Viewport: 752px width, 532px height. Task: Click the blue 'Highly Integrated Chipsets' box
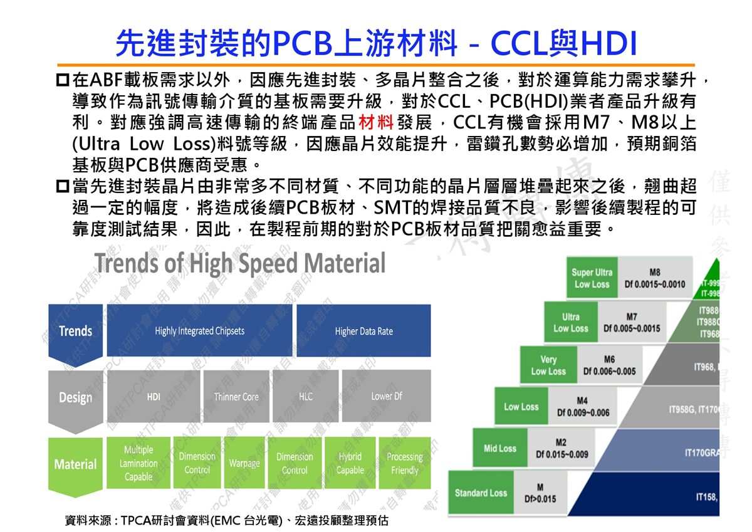(x=199, y=330)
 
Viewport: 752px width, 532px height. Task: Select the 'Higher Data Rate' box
(x=363, y=330)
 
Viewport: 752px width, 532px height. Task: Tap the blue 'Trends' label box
(x=75, y=331)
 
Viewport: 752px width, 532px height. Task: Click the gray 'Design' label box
(x=75, y=397)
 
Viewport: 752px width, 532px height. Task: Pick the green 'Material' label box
(x=75, y=464)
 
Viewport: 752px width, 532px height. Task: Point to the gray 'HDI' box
(x=154, y=396)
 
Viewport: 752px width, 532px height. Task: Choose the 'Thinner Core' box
(x=236, y=396)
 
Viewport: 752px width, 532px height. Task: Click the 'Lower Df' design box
(x=386, y=396)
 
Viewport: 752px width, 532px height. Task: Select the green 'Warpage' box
(x=244, y=464)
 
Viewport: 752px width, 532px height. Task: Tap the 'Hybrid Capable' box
(x=350, y=464)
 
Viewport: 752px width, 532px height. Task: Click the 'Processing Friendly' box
(x=404, y=464)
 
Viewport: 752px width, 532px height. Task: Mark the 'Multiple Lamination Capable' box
(x=138, y=464)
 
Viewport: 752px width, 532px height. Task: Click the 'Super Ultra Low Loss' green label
(x=592, y=278)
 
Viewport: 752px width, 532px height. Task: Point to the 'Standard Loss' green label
(x=481, y=493)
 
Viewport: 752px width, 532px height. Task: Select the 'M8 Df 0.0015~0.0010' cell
(x=654, y=278)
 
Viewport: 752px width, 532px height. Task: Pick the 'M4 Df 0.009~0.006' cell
(x=583, y=407)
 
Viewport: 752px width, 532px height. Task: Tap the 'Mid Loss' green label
(x=499, y=449)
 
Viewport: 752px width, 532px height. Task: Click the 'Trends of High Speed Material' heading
(x=240, y=264)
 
